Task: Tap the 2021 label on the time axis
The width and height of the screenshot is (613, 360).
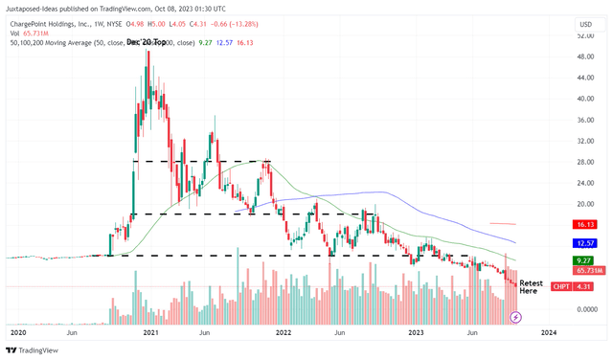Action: click(149, 332)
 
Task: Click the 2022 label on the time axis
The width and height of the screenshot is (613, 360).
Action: click(284, 332)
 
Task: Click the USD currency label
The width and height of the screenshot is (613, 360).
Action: click(585, 23)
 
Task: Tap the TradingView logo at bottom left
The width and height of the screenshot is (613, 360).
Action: click(35, 349)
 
